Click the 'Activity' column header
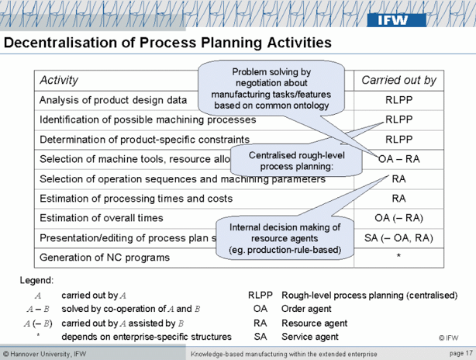[59, 80]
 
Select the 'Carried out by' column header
[398, 80]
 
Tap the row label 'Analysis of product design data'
[112, 100]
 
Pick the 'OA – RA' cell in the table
[398, 159]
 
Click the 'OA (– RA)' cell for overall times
[398, 218]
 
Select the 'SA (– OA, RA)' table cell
[398, 237]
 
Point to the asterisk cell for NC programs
[398, 258]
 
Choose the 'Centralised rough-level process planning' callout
[297, 160]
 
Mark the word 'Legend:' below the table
[36, 279]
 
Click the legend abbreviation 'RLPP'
[260, 296]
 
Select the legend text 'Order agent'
[308, 309]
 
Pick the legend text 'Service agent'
[310, 336]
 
